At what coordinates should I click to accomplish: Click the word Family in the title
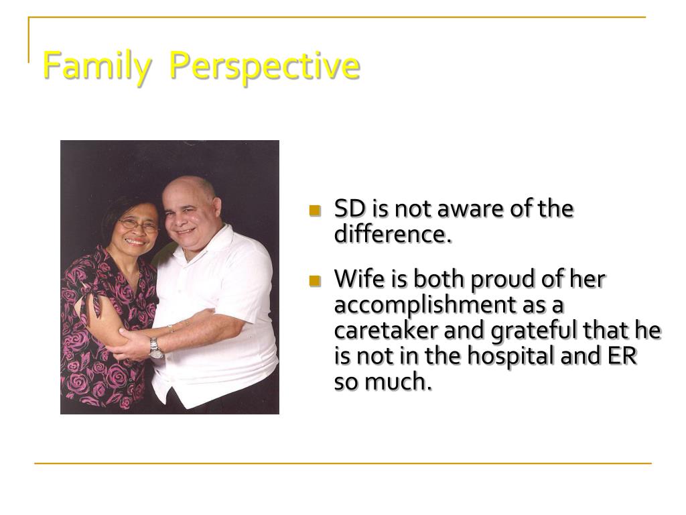pos(96,66)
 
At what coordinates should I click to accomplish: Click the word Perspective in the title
pos(264,66)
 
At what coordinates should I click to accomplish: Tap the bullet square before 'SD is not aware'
pos(315,211)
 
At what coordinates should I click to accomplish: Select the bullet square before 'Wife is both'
pos(315,281)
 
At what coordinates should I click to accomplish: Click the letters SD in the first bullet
pos(350,209)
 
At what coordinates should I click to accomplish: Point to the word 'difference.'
pos(393,234)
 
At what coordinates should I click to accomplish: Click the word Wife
pos(360,278)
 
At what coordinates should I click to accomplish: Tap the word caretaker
pos(386,330)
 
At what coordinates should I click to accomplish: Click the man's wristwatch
pos(155,349)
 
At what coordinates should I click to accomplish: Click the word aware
pos(470,209)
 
